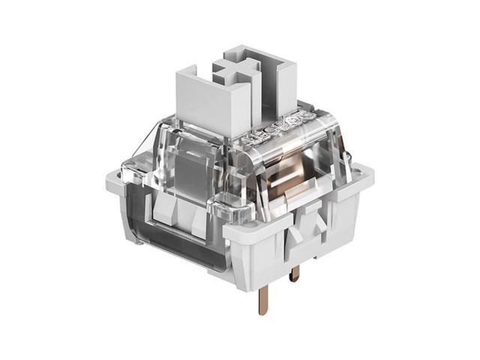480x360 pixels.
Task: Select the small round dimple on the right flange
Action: pos(364,171)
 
